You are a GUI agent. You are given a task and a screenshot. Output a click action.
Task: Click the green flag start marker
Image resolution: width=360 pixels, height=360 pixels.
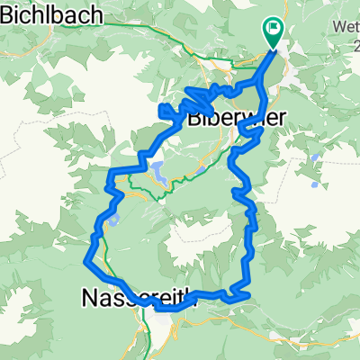click(x=274, y=31)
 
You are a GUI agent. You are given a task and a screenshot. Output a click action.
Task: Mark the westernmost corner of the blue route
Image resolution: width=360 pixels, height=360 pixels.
click(x=85, y=261)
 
